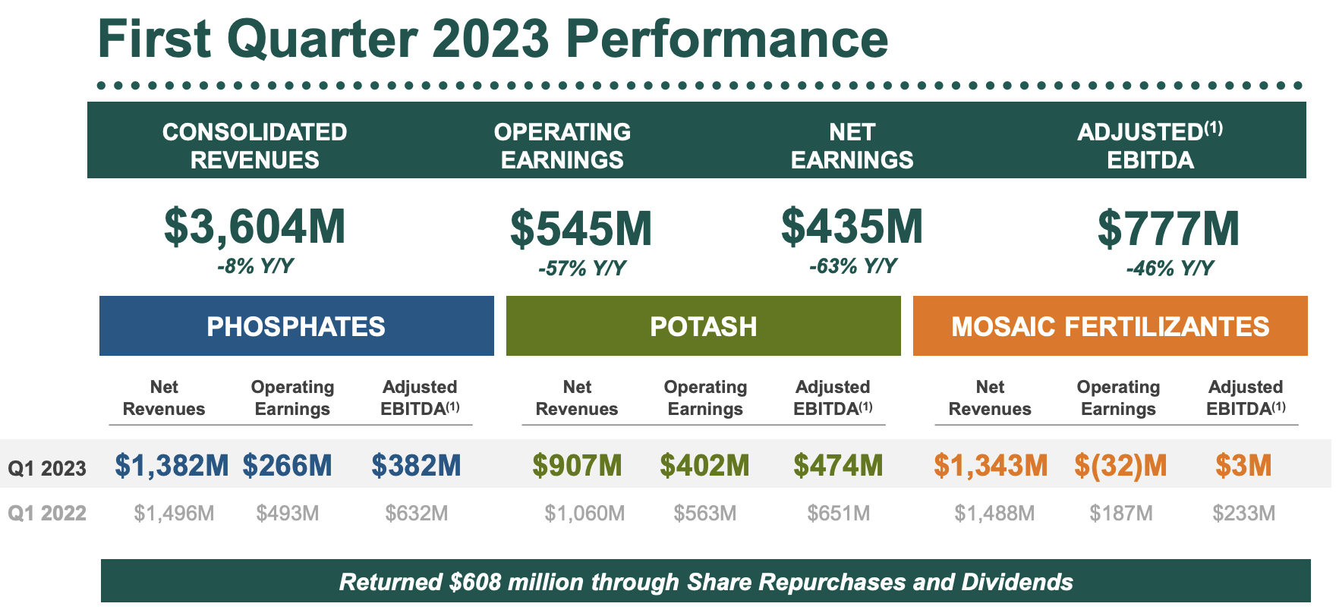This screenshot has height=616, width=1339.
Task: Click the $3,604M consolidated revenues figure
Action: [255, 227]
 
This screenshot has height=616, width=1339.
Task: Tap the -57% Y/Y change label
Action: [582, 269]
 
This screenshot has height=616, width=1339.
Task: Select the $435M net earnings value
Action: [852, 227]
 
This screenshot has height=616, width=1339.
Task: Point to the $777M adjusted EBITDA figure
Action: [1168, 229]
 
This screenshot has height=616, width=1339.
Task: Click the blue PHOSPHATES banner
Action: [296, 326]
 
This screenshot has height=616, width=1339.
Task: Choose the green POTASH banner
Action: [703, 326]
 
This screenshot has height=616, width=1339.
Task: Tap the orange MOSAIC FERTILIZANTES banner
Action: [1110, 326]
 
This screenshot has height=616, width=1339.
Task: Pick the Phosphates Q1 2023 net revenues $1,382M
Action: [172, 465]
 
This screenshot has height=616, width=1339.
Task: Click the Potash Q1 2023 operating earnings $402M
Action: [704, 465]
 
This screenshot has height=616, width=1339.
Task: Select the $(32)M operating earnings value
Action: [1120, 465]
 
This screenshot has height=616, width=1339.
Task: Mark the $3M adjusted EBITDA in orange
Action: [1243, 465]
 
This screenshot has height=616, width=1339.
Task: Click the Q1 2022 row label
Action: [47, 514]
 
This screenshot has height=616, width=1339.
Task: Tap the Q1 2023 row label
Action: [47, 468]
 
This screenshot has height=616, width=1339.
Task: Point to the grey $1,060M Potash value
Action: [584, 514]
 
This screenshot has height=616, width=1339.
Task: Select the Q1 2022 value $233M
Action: [1243, 514]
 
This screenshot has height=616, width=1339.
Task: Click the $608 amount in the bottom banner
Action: [475, 582]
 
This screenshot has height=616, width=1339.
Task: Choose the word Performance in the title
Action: [726, 39]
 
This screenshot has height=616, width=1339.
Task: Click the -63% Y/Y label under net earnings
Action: [852, 266]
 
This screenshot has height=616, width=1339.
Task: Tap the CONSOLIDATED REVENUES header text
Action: [255, 146]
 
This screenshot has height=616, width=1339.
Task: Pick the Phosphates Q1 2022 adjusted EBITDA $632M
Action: [416, 514]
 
